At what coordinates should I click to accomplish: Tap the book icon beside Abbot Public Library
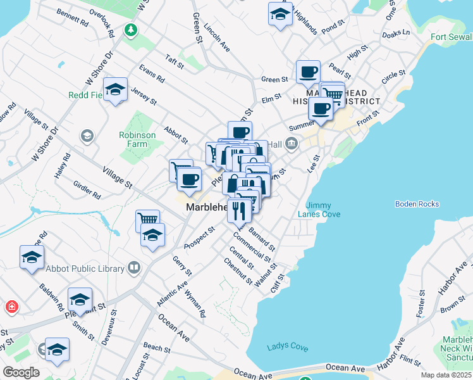(133, 269)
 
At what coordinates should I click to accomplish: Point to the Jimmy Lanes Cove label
(323, 210)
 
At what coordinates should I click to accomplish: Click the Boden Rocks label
(417, 204)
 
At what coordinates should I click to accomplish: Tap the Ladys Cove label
(287, 346)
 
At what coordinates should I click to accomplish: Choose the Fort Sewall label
(451, 37)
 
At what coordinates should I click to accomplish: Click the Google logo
(21, 372)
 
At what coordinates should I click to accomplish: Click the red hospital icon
(11, 308)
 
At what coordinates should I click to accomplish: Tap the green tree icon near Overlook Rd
(131, 30)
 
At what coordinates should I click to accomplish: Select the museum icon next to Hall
(291, 145)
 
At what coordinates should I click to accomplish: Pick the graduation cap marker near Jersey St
(116, 90)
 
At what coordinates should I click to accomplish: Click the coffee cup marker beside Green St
(308, 72)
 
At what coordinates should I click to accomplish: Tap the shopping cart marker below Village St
(147, 220)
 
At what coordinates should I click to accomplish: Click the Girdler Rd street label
(87, 191)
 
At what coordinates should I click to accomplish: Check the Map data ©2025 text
(446, 375)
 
